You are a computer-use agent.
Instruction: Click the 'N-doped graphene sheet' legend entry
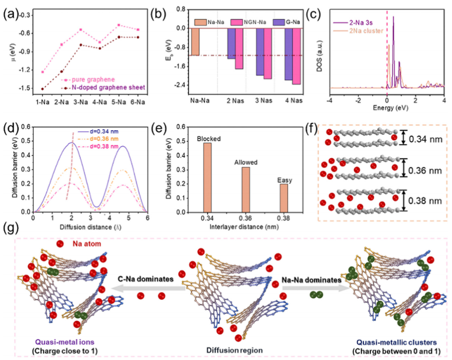click(x=108, y=87)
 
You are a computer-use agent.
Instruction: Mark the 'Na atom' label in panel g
click(x=83, y=244)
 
